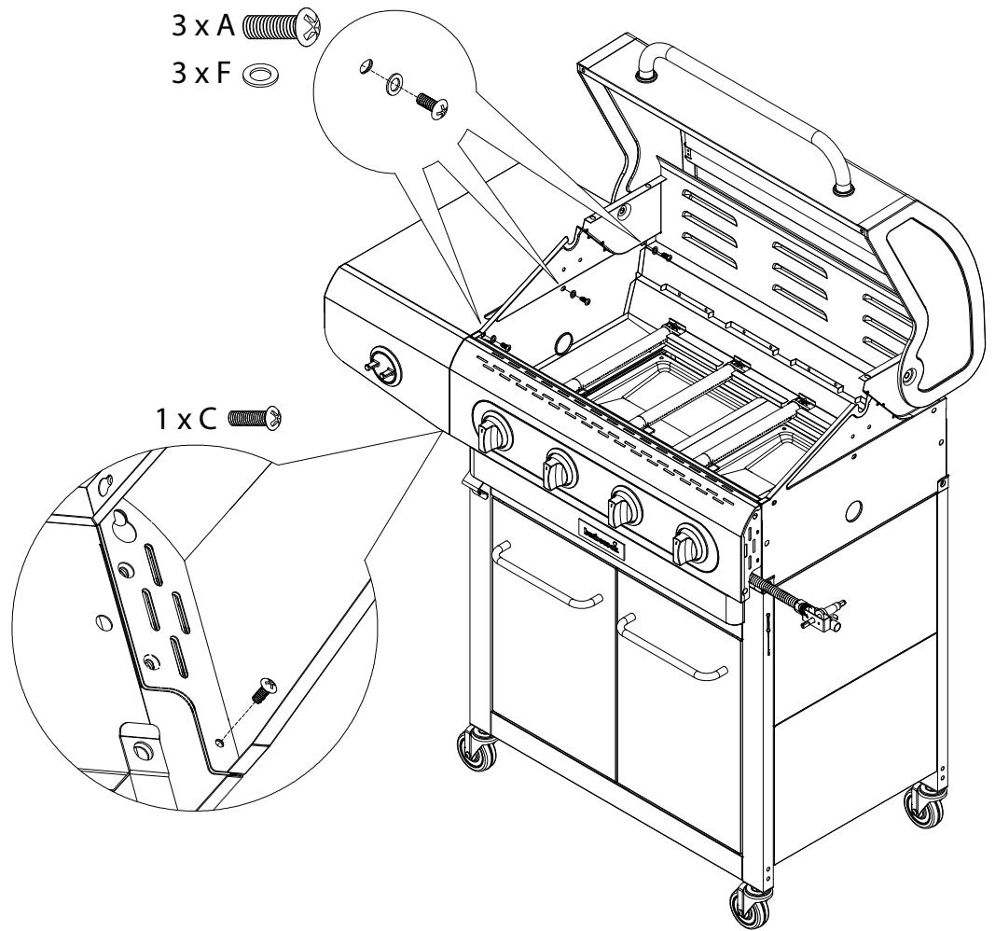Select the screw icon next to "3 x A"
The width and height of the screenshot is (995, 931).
[281, 22]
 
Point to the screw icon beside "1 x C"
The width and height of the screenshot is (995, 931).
[256, 416]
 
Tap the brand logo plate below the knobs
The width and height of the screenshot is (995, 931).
[607, 538]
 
